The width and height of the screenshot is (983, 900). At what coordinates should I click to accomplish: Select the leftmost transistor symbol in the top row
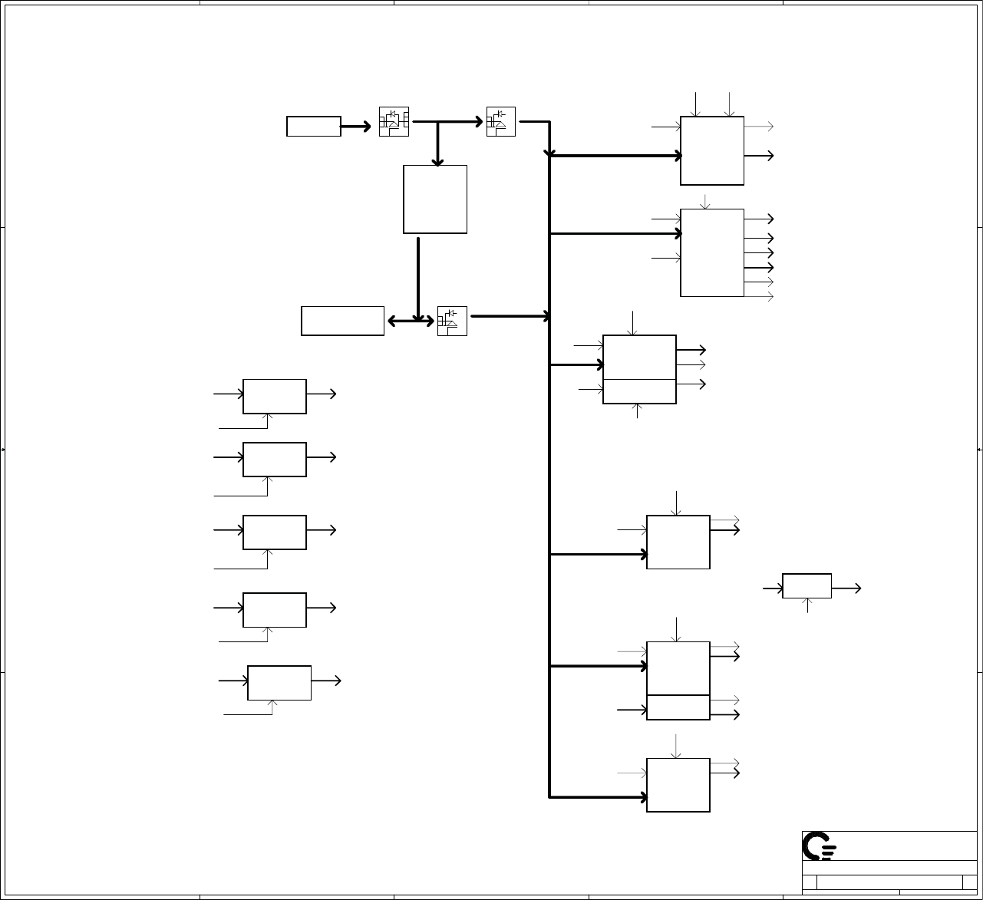pyautogui.click(x=394, y=122)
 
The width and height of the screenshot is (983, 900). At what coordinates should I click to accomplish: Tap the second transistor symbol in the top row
pyautogui.click(x=501, y=122)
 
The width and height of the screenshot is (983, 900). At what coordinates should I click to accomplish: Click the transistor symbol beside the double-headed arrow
pyautogui.click(x=452, y=321)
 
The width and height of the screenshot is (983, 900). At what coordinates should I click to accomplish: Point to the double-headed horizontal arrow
pyautogui.click(x=411, y=321)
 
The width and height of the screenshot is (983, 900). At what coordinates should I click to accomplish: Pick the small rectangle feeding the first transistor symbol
pyautogui.click(x=314, y=127)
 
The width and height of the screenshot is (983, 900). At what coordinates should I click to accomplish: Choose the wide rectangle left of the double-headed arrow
pyautogui.click(x=342, y=321)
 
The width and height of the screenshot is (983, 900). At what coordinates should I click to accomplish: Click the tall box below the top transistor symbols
pyautogui.click(x=435, y=199)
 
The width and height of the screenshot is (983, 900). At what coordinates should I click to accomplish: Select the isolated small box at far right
pyautogui.click(x=807, y=586)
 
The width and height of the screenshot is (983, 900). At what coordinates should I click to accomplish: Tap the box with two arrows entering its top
pyautogui.click(x=712, y=150)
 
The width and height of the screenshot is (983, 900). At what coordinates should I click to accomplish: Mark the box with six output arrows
pyautogui.click(x=712, y=252)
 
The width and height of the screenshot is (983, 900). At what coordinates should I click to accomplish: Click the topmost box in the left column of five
pyautogui.click(x=275, y=396)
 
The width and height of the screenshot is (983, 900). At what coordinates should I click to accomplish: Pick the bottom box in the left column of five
pyautogui.click(x=279, y=683)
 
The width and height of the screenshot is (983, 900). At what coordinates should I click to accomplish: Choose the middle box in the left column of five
pyautogui.click(x=275, y=532)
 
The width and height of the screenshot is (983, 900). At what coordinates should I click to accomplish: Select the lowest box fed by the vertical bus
pyautogui.click(x=678, y=785)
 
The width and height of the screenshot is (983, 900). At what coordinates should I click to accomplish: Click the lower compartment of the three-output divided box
pyautogui.click(x=639, y=391)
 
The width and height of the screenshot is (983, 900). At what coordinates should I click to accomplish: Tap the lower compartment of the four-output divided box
pyautogui.click(x=678, y=707)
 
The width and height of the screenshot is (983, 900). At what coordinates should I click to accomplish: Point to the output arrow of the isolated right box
pyautogui.click(x=846, y=588)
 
